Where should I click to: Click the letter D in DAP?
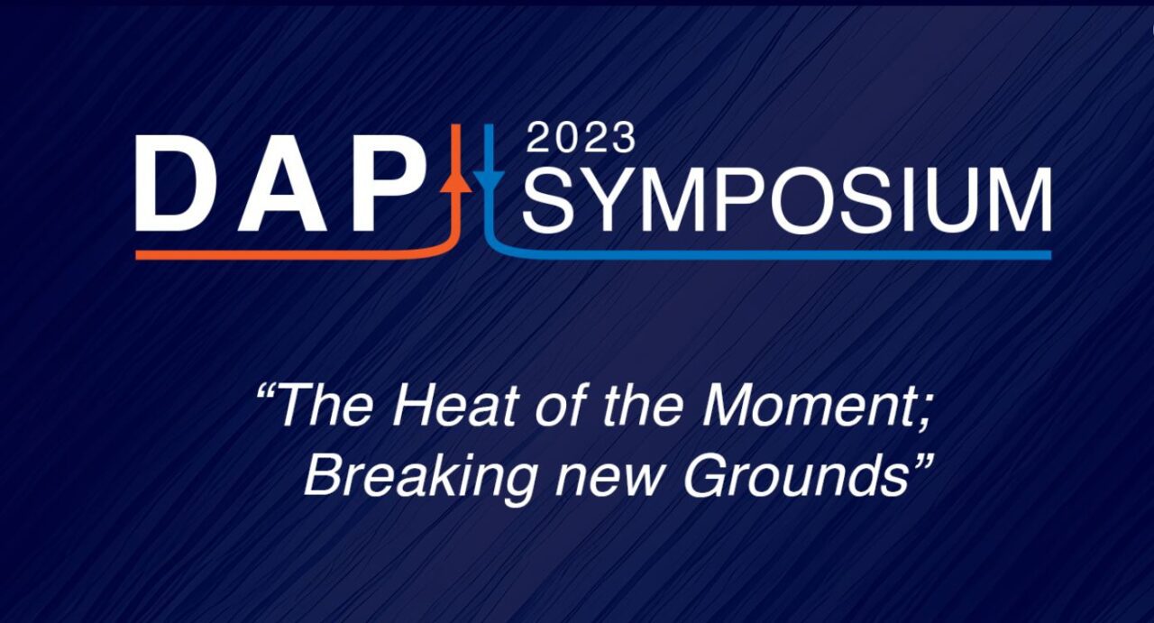(x=175, y=183)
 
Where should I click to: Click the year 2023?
(x=581, y=138)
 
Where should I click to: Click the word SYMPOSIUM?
(x=787, y=199)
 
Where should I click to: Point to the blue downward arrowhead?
(x=489, y=179)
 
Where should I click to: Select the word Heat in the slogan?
(x=455, y=406)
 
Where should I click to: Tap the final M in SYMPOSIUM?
(x=1016, y=199)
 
